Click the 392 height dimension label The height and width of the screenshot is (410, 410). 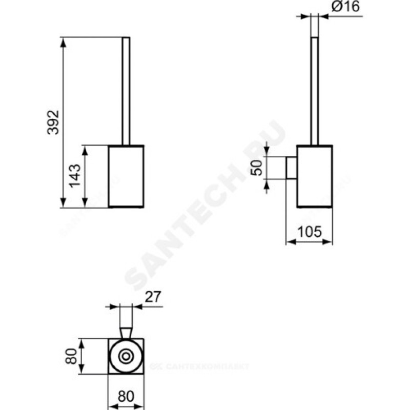click(53, 122)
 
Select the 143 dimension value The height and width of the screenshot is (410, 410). click(75, 175)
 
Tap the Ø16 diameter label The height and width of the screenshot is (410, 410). click(345, 7)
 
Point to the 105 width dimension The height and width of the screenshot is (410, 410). click(310, 232)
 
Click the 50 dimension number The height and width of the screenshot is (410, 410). click(257, 168)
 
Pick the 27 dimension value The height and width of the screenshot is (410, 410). click(153, 297)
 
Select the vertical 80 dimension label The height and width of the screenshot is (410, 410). click(71, 356)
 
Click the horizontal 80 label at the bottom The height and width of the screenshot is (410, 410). click(126, 396)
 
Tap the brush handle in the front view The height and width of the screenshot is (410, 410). click(126, 91)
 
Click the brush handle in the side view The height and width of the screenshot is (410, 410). click(315, 91)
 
